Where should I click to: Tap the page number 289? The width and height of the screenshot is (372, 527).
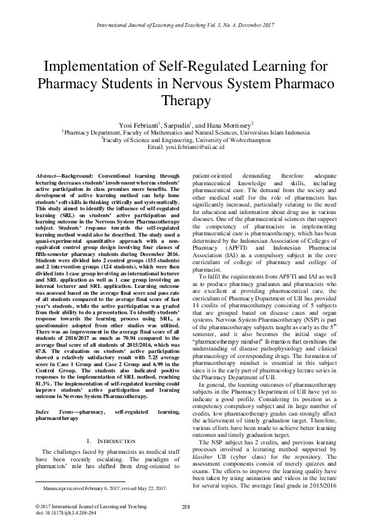(185, 506)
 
